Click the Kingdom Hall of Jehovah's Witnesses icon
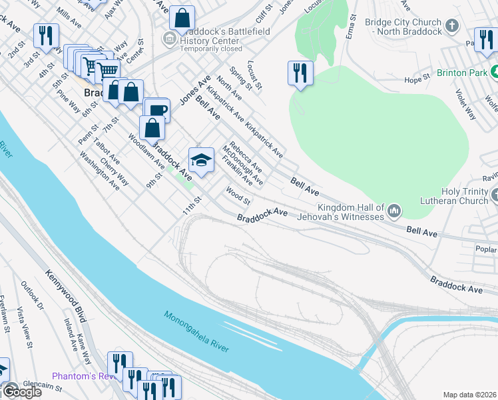click(x=395, y=211)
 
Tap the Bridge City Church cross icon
click(x=452, y=27)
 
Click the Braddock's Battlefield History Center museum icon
click(x=170, y=39)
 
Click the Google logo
click(x=21, y=391)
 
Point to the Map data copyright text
click(x=470, y=395)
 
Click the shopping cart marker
click(x=107, y=70)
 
